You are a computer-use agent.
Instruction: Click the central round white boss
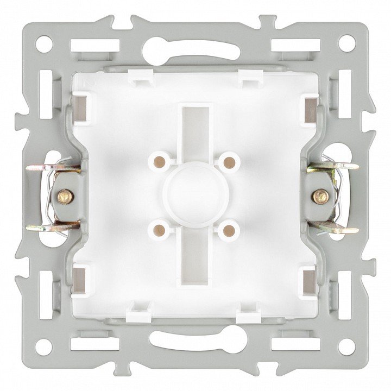(195, 193)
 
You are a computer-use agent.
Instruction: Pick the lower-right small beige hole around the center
(229, 229)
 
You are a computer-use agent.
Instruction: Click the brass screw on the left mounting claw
(65, 194)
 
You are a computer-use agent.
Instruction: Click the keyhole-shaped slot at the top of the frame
(195, 44)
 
